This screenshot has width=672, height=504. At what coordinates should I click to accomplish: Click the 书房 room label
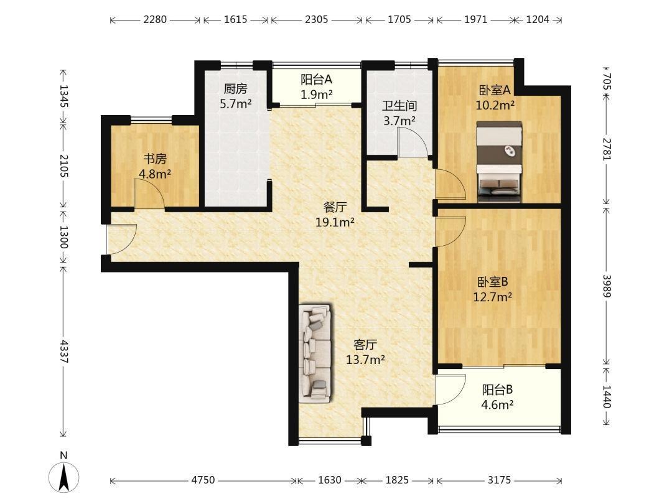155,159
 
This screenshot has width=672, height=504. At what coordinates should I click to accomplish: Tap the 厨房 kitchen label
235,89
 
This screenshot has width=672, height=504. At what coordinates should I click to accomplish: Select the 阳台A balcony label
316,79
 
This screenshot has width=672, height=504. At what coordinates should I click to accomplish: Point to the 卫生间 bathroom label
399,105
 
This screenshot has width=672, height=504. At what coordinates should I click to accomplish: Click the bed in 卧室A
499,162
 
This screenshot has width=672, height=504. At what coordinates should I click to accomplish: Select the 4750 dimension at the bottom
203,480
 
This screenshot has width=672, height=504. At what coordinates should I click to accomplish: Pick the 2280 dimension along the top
155,19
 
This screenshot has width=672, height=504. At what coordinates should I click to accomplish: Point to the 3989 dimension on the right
607,286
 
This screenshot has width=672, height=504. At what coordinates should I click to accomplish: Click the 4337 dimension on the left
64,352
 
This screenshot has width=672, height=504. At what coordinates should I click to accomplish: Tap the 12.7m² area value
492,297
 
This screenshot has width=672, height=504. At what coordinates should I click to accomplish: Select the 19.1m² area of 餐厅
335,222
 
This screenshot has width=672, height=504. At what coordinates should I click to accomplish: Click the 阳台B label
497,390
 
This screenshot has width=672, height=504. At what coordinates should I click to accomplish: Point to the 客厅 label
365,344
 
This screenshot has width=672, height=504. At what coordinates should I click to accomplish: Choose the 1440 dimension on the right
607,396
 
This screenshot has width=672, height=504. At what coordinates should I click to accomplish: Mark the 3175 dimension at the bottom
499,480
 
